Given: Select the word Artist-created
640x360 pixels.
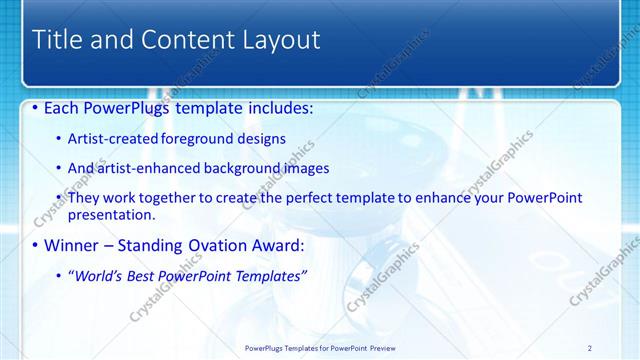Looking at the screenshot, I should pos(109,139).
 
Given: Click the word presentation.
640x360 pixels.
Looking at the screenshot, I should pos(111,215).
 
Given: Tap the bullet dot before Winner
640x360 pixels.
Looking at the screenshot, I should pos(37,245).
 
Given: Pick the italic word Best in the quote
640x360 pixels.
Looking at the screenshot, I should pos(149,275).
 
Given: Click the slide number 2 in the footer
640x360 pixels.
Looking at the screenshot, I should pos(590,348).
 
